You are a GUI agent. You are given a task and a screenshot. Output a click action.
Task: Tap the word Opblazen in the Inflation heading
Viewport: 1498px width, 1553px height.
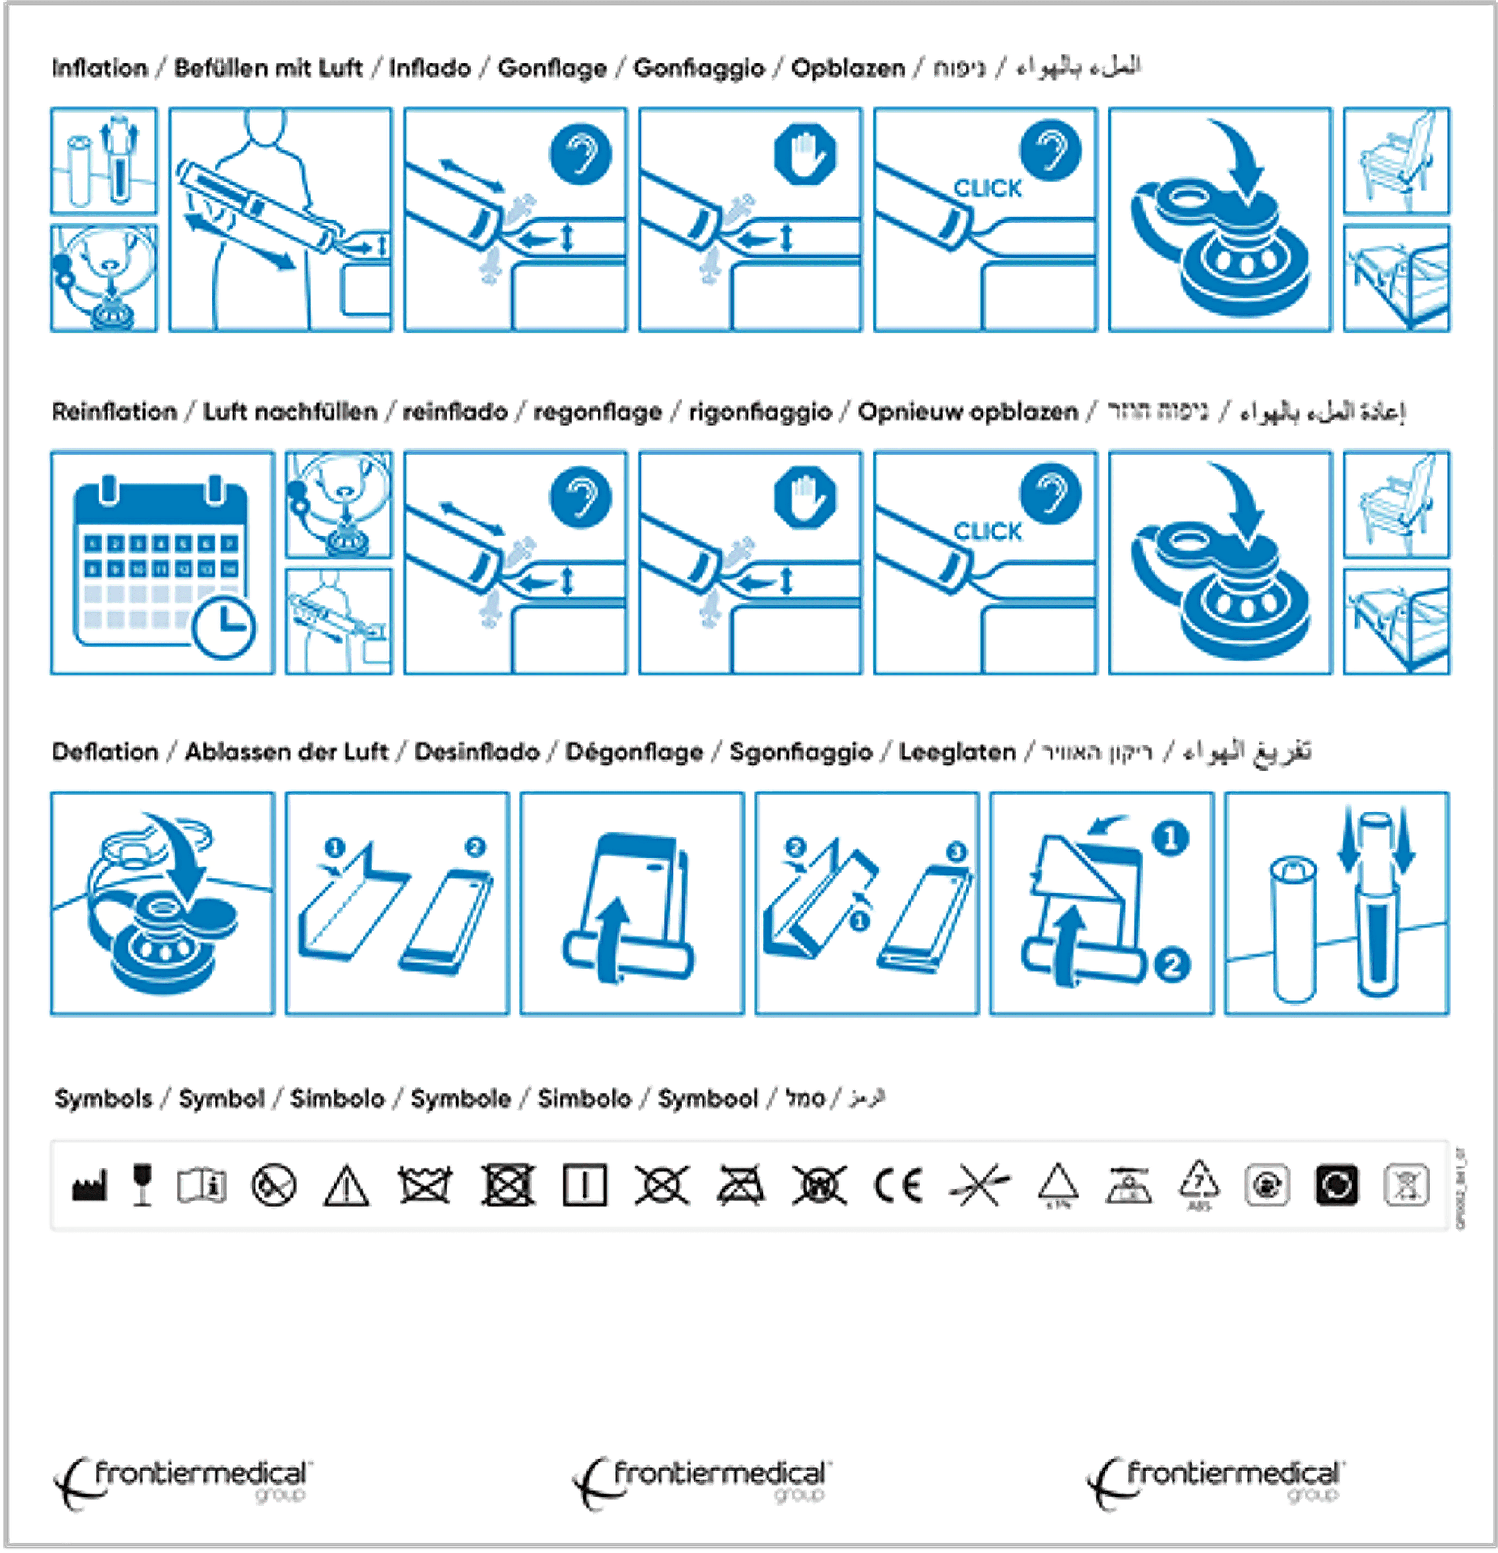tap(847, 68)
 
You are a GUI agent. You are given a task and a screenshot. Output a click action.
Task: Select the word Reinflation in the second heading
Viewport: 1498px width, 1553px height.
tap(114, 412)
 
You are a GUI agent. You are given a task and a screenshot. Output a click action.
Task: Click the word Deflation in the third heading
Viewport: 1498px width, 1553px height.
tap(104, 752)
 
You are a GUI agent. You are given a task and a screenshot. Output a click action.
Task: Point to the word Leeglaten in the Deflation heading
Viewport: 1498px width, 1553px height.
tap(957, 752)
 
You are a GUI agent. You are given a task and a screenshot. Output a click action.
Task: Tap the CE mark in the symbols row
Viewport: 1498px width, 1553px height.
tap(898, 1185)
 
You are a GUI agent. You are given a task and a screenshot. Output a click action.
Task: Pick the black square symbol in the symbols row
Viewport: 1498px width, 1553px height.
tap(1336, 1185)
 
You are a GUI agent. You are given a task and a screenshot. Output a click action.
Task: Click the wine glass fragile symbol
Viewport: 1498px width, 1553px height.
tap(143, 1185)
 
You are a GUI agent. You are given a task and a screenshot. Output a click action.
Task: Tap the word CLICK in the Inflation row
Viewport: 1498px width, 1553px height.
tap(987, 189)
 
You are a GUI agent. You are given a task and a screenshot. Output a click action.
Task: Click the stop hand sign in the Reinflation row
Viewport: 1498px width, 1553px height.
tap(805, 498)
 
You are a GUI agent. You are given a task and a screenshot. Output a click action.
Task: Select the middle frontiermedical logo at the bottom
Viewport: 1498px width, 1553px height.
tap(702, 1482)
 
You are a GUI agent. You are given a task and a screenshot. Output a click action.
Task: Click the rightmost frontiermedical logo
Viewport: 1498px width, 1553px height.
tap(1214, 1482)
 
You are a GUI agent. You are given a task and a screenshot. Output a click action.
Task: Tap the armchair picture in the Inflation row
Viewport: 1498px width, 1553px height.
tap(1396, 161)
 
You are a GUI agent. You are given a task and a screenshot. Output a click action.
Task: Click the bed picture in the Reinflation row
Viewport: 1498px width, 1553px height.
tap(1396, 621)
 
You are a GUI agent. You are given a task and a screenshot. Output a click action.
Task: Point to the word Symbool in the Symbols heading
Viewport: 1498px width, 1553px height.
tap(707, 1099)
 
